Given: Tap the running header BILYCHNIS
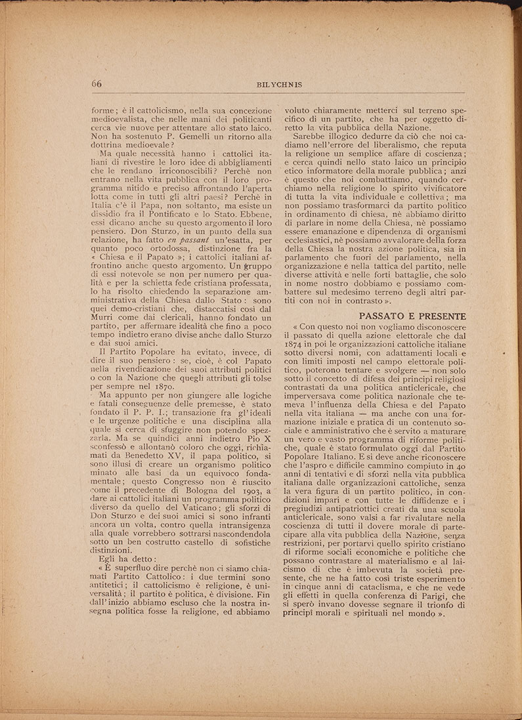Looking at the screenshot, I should (279, 85).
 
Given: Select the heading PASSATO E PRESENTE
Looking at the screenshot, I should (413, 316).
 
